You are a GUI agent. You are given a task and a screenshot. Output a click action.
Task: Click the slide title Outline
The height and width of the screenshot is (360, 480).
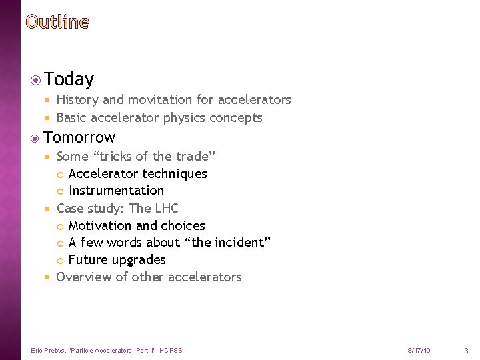click(x=57, y=22)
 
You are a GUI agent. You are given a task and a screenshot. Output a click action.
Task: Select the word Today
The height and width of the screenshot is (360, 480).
click(x=69, y=80)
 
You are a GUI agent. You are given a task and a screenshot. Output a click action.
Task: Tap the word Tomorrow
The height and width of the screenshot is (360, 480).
click(x=79, y=137)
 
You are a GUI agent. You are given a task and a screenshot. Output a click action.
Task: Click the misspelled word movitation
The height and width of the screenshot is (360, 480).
click(x=160, y=100)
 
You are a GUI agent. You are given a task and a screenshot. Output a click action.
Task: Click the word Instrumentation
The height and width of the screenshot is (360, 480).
click(x=116, y=191)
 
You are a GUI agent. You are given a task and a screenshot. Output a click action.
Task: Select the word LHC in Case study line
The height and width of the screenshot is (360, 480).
click(x=167, y=208)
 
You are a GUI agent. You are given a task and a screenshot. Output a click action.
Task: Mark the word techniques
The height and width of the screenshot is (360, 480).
click(x=177, y=174)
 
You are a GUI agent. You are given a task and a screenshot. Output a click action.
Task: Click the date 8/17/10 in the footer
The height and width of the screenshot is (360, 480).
click(x=419, y=350)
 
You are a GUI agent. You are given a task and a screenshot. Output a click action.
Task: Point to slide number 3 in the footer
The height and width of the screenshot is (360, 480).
click(x=466, y=350)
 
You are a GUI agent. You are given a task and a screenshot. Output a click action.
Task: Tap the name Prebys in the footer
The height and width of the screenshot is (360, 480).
click(x=54, y=350)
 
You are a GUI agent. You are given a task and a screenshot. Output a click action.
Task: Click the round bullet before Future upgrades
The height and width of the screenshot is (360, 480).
click(x=61, y=260)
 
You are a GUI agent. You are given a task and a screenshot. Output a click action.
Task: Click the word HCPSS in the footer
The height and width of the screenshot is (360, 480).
click(x=171, y=350)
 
